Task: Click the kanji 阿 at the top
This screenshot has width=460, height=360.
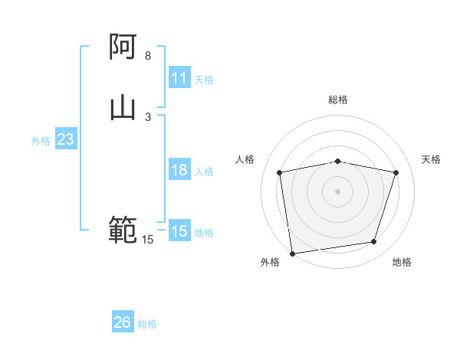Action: (123, 48)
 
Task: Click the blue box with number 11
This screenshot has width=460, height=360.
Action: (179, 78)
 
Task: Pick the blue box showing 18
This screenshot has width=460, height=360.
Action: (179, 170)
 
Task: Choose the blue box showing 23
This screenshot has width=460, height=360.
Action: (65, 140)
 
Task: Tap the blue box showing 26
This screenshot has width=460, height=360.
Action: (123, 322)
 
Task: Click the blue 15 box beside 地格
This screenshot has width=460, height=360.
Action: (179, 231)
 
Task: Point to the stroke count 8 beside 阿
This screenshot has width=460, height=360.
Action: (148, 56)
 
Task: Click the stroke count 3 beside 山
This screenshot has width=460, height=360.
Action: (148, 116)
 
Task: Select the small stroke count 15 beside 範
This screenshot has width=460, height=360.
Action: (148, 240)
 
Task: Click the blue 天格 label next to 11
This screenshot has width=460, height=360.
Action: (204, 79)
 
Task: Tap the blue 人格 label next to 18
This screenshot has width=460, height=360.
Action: (204, 172)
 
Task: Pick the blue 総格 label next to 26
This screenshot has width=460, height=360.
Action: (147, 324)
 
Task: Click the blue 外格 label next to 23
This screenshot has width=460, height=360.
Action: (41, 141)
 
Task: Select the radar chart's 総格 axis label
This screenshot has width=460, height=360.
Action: (337, 100)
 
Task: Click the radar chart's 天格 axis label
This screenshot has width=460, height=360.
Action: (431, 159)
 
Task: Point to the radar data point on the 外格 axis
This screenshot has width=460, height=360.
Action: (292, 253)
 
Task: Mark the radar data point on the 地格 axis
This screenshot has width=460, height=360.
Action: (374, 242)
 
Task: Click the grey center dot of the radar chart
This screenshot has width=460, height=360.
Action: (337, 191)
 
